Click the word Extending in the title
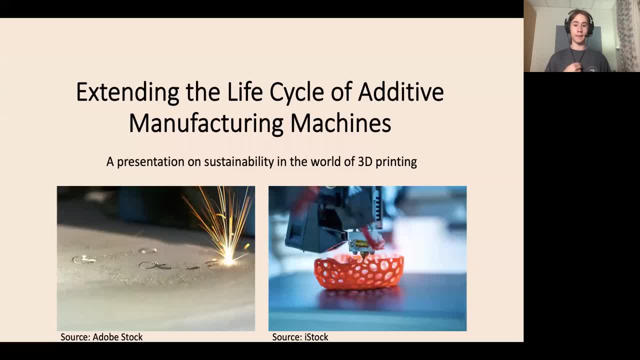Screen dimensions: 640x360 [x=127, y=92]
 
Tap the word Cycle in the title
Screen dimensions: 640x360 [x=296, y=92]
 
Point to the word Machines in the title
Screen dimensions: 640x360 [x=341, y=123]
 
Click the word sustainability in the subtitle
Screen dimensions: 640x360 [x=239, y=161]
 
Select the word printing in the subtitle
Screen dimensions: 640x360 [x=396, y=162]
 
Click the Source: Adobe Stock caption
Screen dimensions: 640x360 [x=101, y=337]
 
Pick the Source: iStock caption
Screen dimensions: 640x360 [x=300, y=337]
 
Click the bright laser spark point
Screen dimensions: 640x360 [x=228, y=259]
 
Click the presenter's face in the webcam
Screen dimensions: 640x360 [x=579, y=28]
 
